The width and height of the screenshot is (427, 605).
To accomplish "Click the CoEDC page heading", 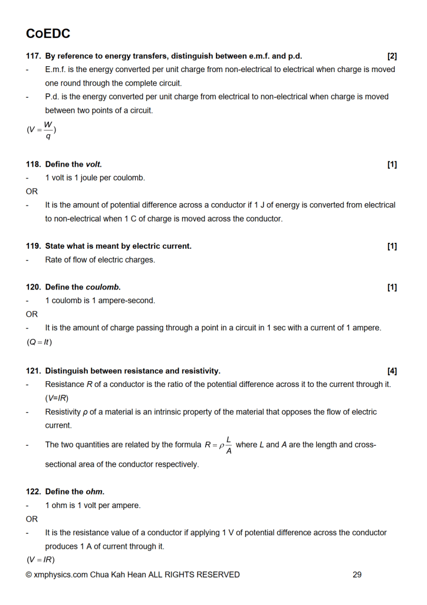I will click(x=48, y=34).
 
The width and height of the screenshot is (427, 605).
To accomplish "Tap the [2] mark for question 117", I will click(x=392, y=56).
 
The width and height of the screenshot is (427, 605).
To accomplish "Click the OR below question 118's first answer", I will click(x=32, y=191).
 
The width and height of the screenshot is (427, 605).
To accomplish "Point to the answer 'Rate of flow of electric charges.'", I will click(x=100, y=260).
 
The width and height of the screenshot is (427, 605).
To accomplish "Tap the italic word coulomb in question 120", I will click(x=103, y=287).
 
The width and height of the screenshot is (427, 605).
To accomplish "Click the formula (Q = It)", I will click(x=40, y=341).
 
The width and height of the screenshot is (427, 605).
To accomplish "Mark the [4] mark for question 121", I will click(x=392, y=371).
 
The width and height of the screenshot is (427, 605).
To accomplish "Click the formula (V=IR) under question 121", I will click(x=57, y=398).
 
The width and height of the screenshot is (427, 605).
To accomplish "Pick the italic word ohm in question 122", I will click(x=94, y=492).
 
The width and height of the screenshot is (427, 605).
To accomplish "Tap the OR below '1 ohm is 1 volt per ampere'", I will click(x=32, y=519).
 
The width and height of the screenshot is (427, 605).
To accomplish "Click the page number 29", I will click(x=357, y=574).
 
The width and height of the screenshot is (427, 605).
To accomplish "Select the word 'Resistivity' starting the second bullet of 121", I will click(x=64, y=412).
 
